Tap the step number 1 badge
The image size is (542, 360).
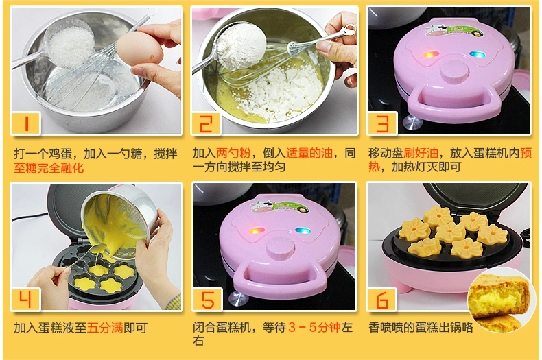click(26, 123)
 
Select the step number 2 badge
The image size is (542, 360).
click(206, 123)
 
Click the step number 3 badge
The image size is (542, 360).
click(382, 123)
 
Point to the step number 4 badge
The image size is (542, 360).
click(26, 299)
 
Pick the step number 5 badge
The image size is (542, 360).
click(207, 299)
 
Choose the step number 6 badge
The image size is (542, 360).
click(382, 299)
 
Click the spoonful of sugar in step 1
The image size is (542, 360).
click(71, 45)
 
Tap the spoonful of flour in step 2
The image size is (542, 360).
click(241, 45)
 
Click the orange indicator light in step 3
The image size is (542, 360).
click(429, 55)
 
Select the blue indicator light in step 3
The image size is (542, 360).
click(477, 54)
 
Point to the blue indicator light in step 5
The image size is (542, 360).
click(303, 230)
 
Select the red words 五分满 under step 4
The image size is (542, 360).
click(105, 328)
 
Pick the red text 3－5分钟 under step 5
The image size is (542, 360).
click(314, 327)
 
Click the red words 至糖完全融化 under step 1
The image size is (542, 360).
click(49, 168)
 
